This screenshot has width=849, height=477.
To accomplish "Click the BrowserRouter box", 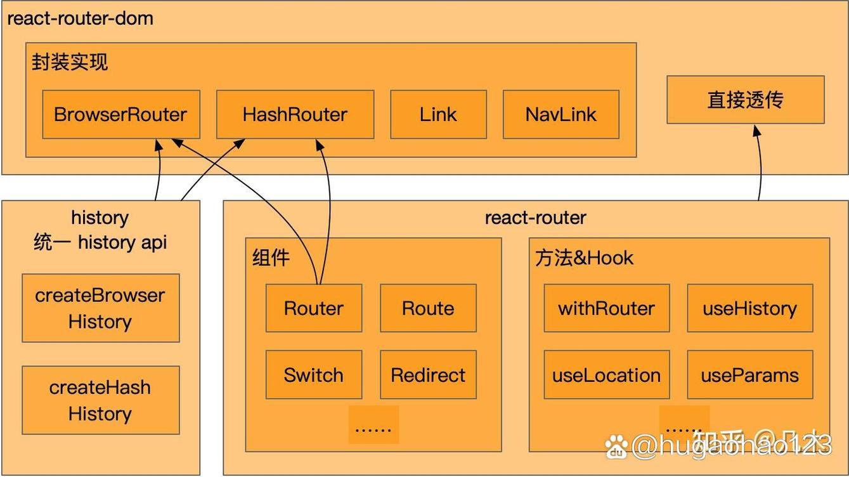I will pos(121,114).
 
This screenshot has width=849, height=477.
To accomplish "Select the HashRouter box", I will pos(295,114).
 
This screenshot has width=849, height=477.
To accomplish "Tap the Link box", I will pos(438,114).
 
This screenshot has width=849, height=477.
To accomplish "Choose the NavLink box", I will pos(561,114).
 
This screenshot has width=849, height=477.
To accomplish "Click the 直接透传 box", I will pos(746,100).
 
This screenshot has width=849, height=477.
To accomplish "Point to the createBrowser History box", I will pos(100,308).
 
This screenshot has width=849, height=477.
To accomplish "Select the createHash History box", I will pos(100,400).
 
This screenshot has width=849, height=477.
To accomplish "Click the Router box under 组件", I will pos(314,308).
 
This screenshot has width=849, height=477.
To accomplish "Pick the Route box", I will pos(428,308).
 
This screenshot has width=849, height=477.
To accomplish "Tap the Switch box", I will pos(314,375).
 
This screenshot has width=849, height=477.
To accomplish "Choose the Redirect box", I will pos(428,375).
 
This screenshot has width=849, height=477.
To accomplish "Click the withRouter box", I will pos(607,308).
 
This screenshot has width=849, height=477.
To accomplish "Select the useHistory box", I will pos(749,308).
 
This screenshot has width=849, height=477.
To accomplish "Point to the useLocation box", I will pos(607,375).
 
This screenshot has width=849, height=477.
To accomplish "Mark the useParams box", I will pos(749,375).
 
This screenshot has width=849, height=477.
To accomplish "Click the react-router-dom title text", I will pos(80,18).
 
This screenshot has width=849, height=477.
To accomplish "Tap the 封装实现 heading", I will pos(70,62).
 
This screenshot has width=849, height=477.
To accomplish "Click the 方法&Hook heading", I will pos(584,258).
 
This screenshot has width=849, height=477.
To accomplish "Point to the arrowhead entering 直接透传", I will pos(756,129).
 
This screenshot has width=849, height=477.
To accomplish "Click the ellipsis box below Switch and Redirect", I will pos(373,425).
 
